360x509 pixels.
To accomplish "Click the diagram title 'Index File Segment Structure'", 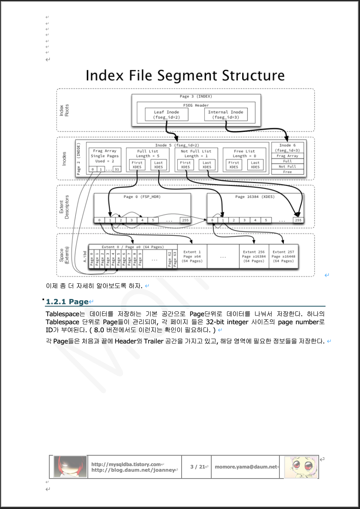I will pyautogui.click(x=185, y=76).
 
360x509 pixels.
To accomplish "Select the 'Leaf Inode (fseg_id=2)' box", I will pyautogui.click(x=166, y=115).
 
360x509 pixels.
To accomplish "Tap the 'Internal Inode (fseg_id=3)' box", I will pyautogui.click(x=225, y=115).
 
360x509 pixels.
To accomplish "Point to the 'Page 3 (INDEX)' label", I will pyautogui.click(x=196, y=97).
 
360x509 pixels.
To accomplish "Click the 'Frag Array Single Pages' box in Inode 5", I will pyautogui.click(x=105, y=156).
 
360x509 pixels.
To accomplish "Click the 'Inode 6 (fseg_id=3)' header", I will pyautogui.click(x=287, y=147).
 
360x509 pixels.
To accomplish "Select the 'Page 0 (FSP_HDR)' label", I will pyautogui.click(x=142, y=197).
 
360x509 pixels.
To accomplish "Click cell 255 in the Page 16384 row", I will pyautogui.click(x=297, y=220).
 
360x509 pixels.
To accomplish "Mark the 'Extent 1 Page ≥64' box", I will pyautogui.click(x=192, y=256).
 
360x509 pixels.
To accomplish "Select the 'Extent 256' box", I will pyautogui.click(x=254, y=256).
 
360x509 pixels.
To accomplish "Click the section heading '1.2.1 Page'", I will pyautogui.click(x=67, y=301).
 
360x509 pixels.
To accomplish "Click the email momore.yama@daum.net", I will pyautogui.click(x=246, y=467).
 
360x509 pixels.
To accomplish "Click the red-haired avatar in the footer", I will pyautogui.click(x=70, y=467).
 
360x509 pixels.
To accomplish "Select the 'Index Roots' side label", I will pyautogui.click(x=64, y=110).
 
